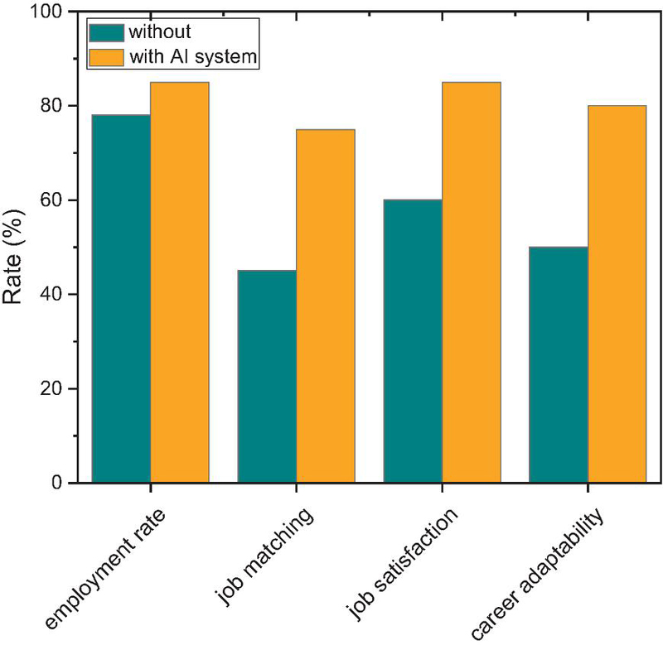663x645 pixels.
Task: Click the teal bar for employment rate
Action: point(121,298)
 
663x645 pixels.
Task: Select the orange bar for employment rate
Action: point(179,282)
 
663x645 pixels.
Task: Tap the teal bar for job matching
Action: point(267,376)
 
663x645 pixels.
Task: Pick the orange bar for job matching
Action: point(325,306)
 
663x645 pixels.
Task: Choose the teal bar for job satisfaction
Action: point(413,340)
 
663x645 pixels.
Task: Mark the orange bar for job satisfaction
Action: point(471,282)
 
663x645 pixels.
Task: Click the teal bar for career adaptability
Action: point(559,364)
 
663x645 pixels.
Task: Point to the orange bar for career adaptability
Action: point(617,294)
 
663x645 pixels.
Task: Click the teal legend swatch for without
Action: point(105,32)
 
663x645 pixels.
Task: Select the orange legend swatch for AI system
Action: point(105,57)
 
